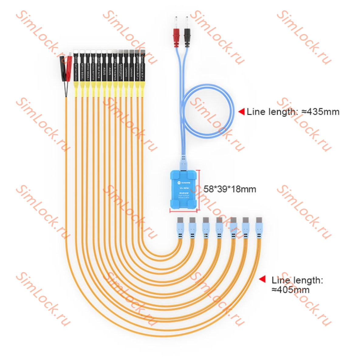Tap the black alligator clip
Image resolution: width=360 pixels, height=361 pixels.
pos(63,68)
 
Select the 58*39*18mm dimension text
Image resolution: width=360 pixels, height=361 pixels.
pos(230,189)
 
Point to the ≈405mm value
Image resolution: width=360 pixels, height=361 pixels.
pos(290,290)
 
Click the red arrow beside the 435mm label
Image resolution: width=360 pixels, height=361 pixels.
pos(242,112)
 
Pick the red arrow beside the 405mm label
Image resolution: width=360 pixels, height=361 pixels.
pos(262,279)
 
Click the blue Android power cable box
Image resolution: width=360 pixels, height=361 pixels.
pos(183,190)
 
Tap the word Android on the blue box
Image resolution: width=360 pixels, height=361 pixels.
pos(183,193)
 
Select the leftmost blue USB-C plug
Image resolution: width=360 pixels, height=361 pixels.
pos(180,228)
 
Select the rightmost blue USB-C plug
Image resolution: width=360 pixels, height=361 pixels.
pos(259,228)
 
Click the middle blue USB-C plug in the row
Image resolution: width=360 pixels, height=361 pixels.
pos(219,228)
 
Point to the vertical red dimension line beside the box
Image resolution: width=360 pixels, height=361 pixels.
pos(199,190)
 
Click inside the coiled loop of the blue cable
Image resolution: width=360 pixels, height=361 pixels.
pos(209,111)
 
